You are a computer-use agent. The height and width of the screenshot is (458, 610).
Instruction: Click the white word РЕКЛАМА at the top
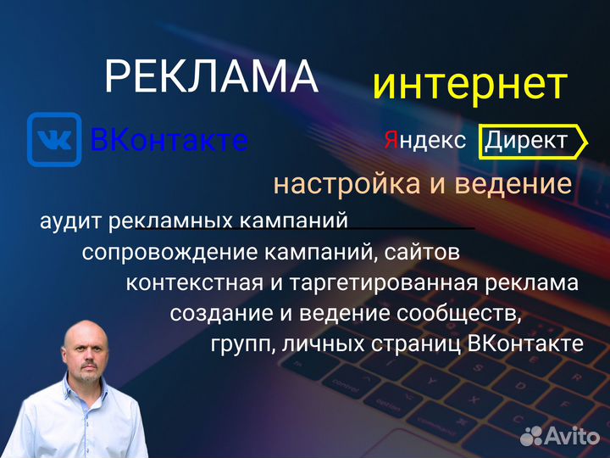click(211, 77)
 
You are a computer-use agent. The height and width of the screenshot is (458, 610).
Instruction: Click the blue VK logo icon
click(54, 139)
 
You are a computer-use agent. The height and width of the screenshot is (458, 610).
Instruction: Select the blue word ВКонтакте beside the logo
click(169, 140)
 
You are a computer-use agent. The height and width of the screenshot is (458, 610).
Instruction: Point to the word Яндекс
click(425, 141)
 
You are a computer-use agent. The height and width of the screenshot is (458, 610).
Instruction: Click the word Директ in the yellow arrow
click(526, 141)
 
